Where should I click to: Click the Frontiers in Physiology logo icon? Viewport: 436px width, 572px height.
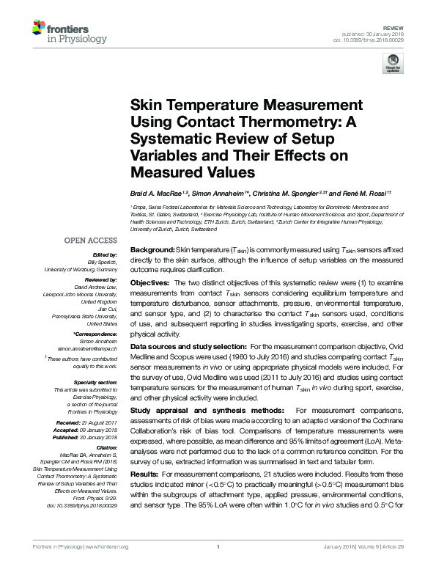point(40,28)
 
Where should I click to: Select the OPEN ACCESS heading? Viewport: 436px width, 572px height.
point(91,240)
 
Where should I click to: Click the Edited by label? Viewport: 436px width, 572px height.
point(104,254)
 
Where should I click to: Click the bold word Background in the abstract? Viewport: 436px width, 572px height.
point(151,251)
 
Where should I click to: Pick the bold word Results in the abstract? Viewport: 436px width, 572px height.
point(144,474)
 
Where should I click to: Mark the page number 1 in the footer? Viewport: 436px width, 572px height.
point(218,567)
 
